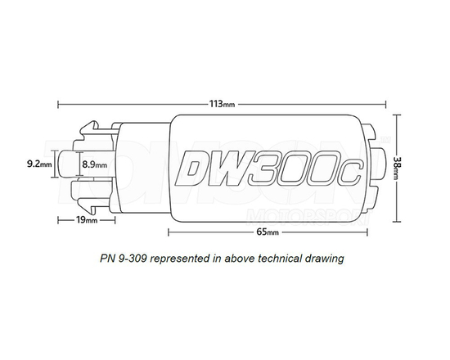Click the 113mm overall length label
[x=222, y=105]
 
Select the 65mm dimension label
[x=267, y=232]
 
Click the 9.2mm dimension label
[x=38, y=164]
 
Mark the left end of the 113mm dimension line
[x=58, y=105]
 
